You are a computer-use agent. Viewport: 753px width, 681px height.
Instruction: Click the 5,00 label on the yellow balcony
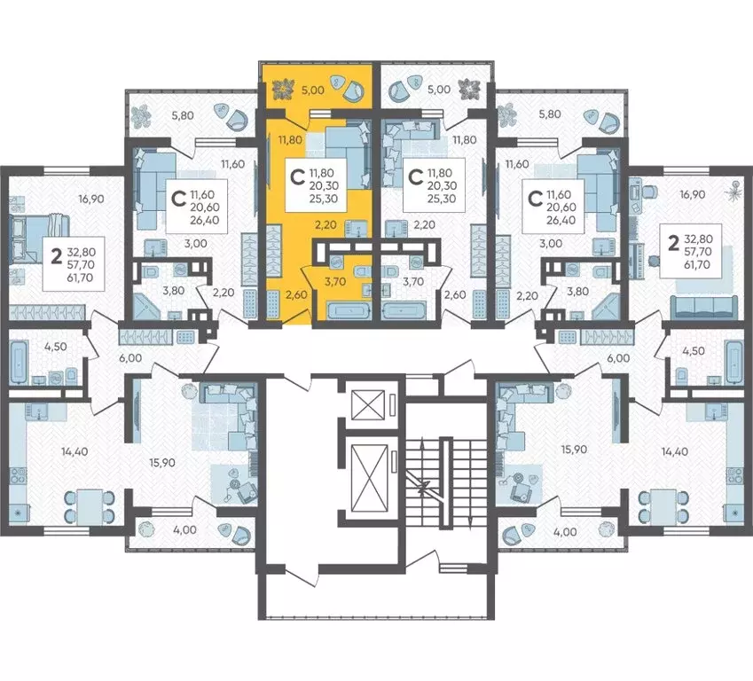click(312, 90)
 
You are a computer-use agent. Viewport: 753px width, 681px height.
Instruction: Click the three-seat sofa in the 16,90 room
click(704, 308)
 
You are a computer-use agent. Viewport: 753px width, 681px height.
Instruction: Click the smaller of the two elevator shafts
click(368, 405)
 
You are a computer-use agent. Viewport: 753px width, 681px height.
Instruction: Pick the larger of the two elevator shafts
click(369, 479)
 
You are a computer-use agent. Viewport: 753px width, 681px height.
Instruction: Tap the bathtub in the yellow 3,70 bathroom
click(349, 309)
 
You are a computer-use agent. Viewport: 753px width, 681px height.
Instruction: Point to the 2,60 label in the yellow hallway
click(296, 294)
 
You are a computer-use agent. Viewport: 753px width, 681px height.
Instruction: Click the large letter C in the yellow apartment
click(298, 177)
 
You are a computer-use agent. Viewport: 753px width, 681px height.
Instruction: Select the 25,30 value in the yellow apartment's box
click(324, 199)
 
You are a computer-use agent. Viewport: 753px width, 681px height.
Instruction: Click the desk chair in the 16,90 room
click(649, 191)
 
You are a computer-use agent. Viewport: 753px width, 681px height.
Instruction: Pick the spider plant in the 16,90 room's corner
click(734, 189)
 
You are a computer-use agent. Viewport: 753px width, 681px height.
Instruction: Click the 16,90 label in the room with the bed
click(91, 199)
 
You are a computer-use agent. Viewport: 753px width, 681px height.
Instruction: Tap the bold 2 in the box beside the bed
click(57, 257)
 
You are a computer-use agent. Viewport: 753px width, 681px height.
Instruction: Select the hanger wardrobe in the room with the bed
click(47, 312)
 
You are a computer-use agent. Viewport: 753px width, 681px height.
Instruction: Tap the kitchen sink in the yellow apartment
click(356, 228)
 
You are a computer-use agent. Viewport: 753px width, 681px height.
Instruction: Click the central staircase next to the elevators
click(445, 481)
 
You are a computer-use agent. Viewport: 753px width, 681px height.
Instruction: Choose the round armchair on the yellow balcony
click(355, 90)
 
